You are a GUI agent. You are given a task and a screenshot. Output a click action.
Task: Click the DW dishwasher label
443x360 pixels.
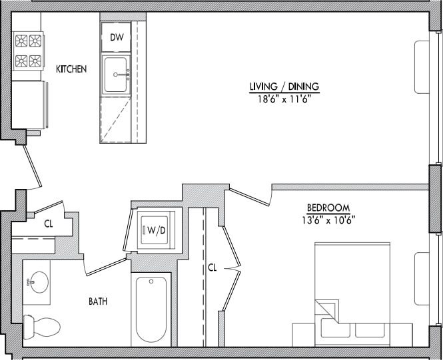pos(115,37)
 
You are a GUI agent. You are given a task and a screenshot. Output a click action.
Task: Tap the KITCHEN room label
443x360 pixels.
pos(71,69)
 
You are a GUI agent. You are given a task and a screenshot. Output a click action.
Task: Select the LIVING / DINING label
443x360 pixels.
pos(284,87)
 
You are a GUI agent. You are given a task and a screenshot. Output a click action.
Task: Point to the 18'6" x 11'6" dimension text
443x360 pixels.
pos(284,98)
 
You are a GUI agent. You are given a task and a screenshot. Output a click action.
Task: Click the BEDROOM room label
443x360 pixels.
pos(328,208)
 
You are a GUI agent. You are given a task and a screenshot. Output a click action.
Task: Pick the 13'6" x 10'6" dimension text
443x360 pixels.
pos(328,220)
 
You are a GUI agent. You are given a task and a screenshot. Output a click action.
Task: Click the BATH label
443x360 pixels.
pos(99,301)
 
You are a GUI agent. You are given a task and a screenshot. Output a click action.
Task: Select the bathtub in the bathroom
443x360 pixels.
pos(151,309)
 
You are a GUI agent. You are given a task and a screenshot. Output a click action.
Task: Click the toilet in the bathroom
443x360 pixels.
pos(41,326)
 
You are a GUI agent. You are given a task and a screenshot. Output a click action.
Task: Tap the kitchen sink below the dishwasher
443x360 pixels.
pos(116,75)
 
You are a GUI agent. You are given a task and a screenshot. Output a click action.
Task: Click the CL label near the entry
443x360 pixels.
pos(49,224)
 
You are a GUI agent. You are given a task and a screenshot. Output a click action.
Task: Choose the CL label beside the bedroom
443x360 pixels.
pos(212,268)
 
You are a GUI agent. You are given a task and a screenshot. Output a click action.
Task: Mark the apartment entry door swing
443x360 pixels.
pos(32,166)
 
